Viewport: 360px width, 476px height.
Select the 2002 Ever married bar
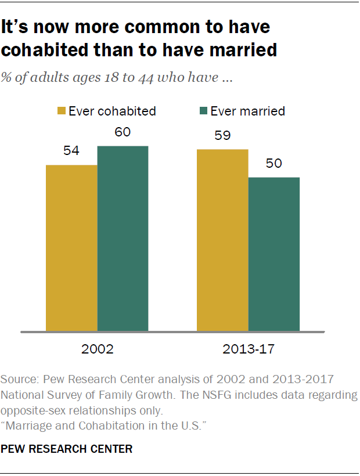pyautogui.click(x=123, y=239)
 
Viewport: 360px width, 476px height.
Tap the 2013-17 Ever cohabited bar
pyautogui.click(x=222, y=240)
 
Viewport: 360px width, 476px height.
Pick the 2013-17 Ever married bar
pyautogui.click(x=273, y=254)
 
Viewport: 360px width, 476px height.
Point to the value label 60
pyautogui.click(x=122, y=132)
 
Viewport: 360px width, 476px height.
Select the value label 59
pyautogui.click(x=222, y=136)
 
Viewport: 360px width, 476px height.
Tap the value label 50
pyautogui.click(x=273, y=164)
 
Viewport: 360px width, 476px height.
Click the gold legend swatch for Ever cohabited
pyautogui.click(x=61, y=111)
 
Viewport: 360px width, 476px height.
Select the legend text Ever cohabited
pyautogui.click(x=112, y=111)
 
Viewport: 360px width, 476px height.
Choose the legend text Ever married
pyautogui.click(x=247, y=111)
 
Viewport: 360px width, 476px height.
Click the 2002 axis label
pyautogui.click(x=97, y=350)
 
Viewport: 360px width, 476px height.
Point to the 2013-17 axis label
pyautogui.click(x=248, y=350)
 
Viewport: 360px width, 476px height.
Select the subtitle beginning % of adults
pyautogui.click(x=116, y=78)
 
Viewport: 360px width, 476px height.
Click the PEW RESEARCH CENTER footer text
pyautogui.click(x=67, y=449)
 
